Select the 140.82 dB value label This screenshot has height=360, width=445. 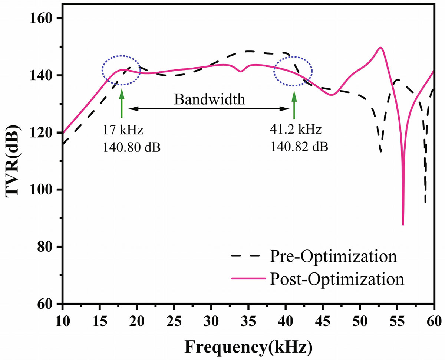(299, 148)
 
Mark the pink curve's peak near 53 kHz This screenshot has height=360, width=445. (380, 48)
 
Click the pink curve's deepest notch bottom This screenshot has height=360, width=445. (403, 224)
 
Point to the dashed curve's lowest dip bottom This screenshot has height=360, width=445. (425, 202)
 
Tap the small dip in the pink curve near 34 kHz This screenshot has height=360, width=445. (241, 71)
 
